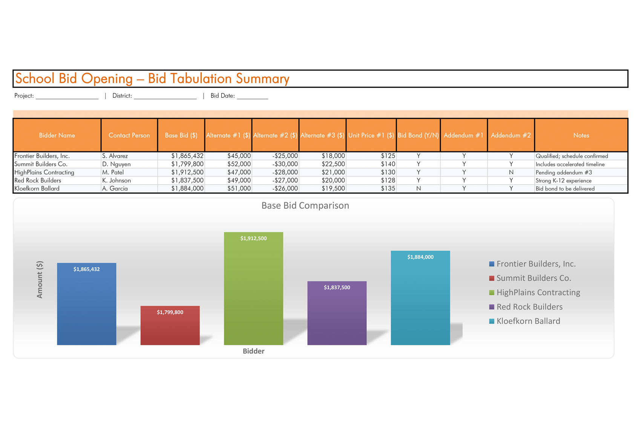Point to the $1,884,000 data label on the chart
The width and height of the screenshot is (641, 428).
[420, 257]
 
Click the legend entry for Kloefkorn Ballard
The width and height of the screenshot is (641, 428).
[528, 321]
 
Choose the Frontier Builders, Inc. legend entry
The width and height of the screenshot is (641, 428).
[535, 264]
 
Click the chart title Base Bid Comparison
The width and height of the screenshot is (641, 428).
[305, 206]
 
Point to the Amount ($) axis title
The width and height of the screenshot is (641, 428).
[40, 279]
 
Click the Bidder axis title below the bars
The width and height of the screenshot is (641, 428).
[253, 351]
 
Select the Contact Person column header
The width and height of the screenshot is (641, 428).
[129, 135]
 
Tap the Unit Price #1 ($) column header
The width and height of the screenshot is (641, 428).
[371, 135]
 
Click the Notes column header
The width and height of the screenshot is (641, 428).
[581, 135]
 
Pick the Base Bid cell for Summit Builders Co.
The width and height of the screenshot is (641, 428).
[187, 164]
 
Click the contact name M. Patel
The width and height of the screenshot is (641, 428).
[113, 172]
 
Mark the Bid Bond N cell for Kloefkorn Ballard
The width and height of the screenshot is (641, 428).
[419, 189]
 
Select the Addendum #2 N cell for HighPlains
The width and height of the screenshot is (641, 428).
[511, 172]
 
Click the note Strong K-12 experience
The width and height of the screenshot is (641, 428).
[563, 181]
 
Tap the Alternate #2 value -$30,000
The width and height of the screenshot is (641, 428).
[285, 164]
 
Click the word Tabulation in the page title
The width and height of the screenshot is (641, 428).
[201, 79]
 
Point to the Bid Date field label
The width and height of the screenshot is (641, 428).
[222, 96]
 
